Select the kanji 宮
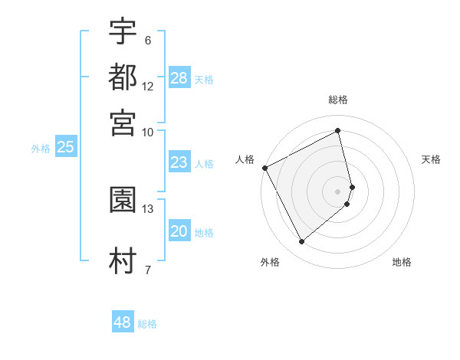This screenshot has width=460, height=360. point(123,122)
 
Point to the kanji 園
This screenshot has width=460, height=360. point(123,200)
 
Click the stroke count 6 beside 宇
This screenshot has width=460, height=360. point(147,41)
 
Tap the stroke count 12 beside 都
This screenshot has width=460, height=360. point(148,86)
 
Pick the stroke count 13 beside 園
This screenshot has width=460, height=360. point(148,208)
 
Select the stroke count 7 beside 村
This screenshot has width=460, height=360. point(147,270)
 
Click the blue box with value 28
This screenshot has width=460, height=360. point(179,78)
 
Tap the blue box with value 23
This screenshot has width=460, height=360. point(179,162)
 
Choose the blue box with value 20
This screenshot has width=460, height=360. point(179,231)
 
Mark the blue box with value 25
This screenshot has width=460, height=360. point(65,147)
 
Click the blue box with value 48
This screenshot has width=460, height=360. point(123,322)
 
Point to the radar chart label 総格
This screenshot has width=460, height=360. point(338,100)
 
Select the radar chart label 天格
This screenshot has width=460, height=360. point(432,159)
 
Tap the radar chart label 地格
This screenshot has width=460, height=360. point(402,262)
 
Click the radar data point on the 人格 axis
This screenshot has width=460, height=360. point(264,168)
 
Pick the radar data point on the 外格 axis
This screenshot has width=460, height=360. point(301,242)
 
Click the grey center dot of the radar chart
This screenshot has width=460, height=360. point(338,191)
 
